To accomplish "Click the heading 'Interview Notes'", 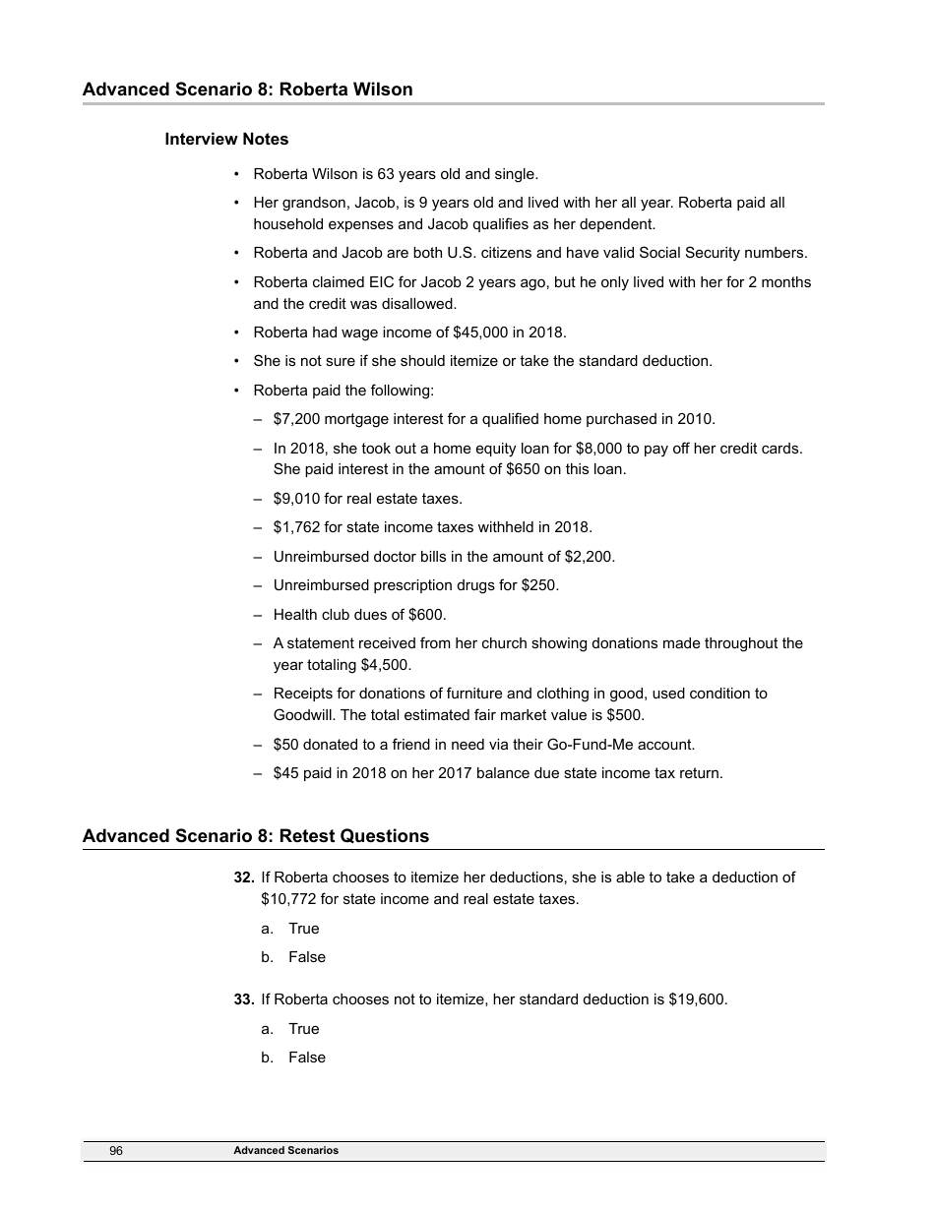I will pos(226,139).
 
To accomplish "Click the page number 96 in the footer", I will pos(116,1150).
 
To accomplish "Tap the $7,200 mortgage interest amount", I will pos(295,419).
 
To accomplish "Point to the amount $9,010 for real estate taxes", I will pos(295,499).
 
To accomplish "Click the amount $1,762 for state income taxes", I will pos(295,527).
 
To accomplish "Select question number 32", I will pos(244,877).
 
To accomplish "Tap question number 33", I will pos(244,999).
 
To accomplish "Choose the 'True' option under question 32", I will pos(303,929).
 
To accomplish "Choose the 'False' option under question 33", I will pos(306,1058).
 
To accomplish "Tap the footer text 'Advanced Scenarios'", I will pos(285,1150).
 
